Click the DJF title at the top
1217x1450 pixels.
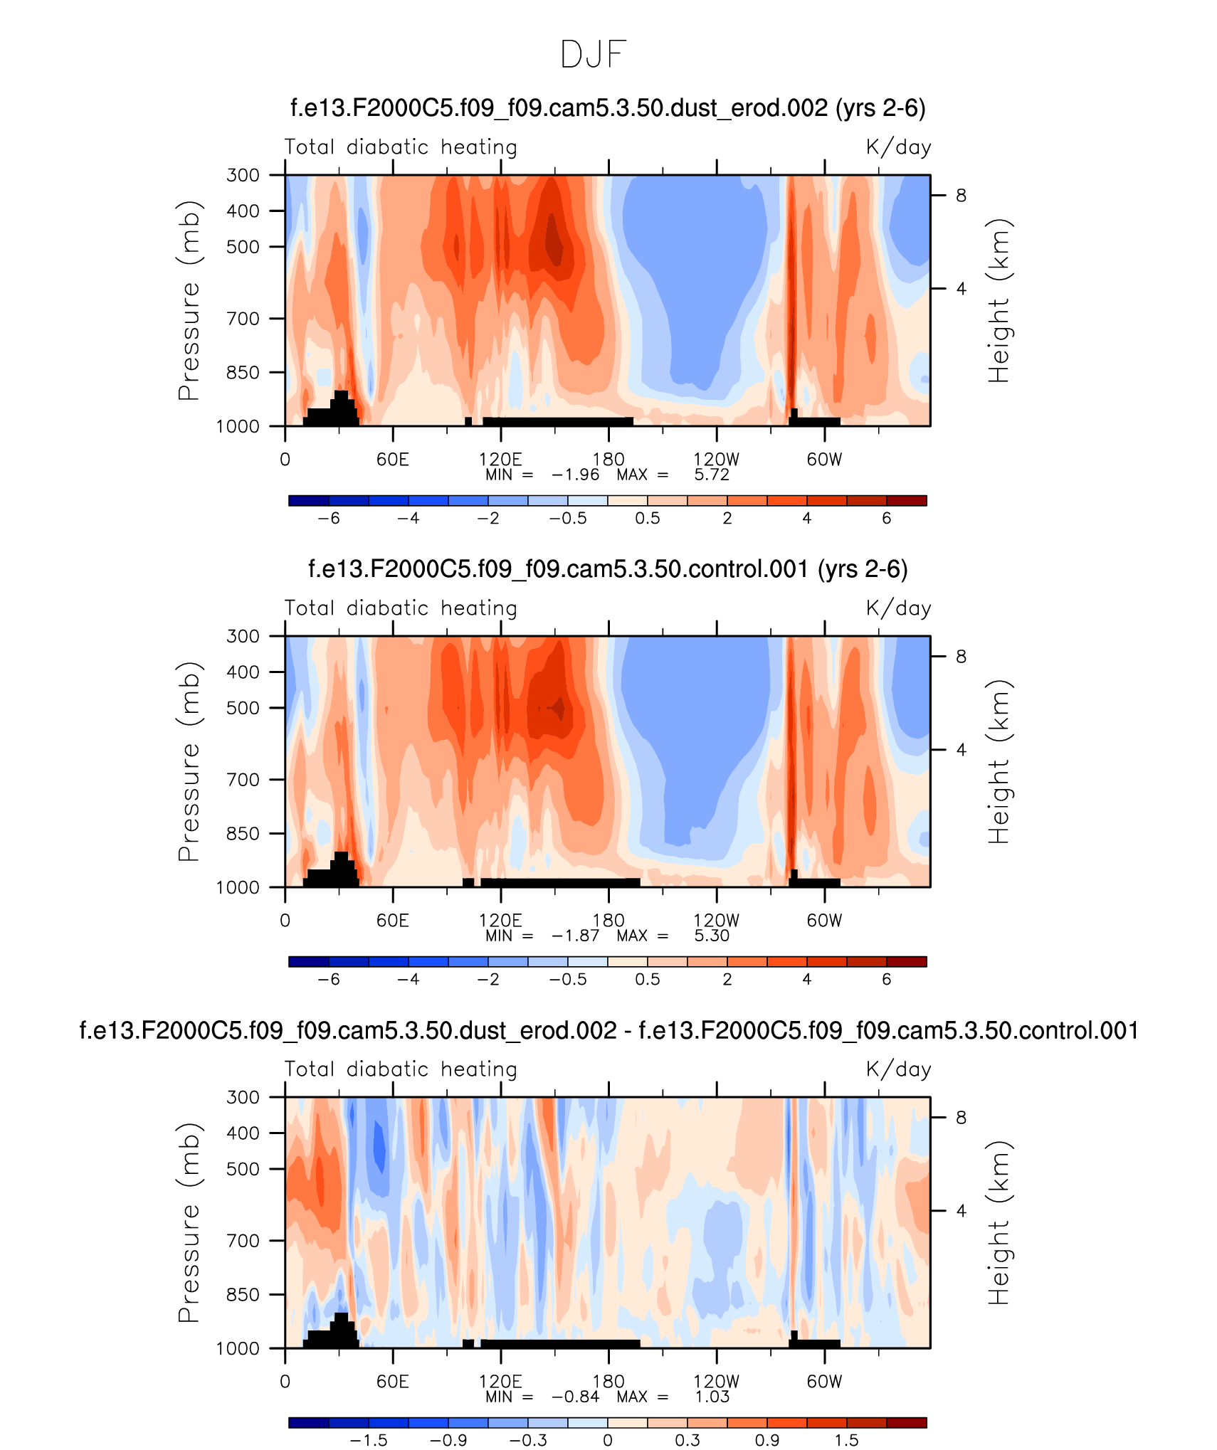point(594,55)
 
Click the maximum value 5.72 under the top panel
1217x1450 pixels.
point(712,475)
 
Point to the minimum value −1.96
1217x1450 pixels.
point(575,475)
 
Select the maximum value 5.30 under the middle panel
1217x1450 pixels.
point(712,936)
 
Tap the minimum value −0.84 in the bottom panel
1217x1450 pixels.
point(575,1397)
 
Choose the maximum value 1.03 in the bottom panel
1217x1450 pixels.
point(712,1397)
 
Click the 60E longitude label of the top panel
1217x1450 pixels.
point(393,460)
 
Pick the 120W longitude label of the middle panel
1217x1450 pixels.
point(716,921)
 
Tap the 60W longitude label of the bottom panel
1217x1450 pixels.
point(824,1382)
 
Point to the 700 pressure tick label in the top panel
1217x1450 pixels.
point(243,319)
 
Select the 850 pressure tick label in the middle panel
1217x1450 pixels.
point(243,833)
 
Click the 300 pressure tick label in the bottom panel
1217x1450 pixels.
point(243,1097)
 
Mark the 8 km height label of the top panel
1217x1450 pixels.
point(961,196)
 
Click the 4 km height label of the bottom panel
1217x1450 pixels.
point(961,1211)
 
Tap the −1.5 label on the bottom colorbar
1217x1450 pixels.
point(369,1441)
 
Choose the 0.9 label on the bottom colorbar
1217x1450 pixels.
point(767,1441)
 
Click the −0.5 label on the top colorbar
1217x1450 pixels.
point(568,519)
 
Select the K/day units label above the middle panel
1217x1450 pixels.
point(898,608)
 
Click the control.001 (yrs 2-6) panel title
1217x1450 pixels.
point(608,569)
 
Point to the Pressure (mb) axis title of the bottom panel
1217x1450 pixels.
point(189,1222)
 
